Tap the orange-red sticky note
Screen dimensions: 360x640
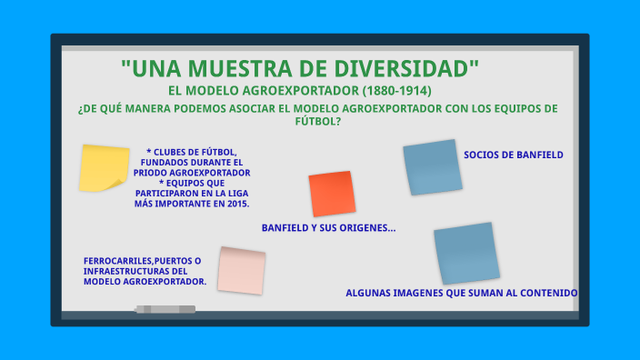click(x=332, y=194)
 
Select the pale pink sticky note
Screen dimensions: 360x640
click(x=241, y=270)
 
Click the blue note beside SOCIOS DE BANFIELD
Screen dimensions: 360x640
click(x=433, y=167)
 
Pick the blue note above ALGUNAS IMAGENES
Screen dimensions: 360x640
click(x=466, y=252)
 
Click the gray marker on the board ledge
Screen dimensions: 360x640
click(x=165, y=310)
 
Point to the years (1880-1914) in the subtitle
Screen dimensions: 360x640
click(x=396, y=91)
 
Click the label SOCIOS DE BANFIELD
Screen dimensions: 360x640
click(x=513, y=155)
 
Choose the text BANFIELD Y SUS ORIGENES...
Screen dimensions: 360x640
click(x=328, y=227)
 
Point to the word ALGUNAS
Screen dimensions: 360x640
click(x=369, y=293)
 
